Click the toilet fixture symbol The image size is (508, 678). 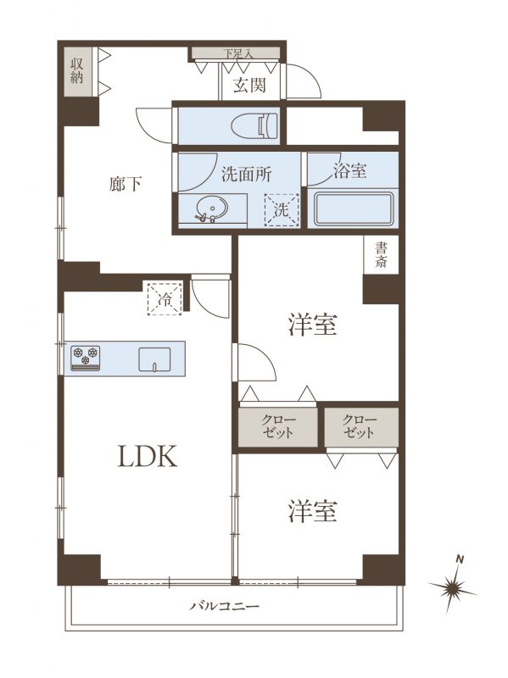coord(254,125)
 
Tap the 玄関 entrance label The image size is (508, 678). coord(249,86)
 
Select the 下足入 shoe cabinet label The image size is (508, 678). coord(237,53)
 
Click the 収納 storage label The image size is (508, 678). coord(77,71)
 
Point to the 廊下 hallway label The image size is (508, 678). coord(126,185)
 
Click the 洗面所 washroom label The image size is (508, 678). coord(247,174)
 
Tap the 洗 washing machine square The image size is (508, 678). coord(282,209)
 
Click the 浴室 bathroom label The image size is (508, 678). coord(349,171)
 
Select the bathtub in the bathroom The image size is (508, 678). coord(353,208)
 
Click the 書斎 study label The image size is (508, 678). coord(381,255)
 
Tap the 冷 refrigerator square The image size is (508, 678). coord(165,298)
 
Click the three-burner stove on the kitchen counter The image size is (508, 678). coord(86,358)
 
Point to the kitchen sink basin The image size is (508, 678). coord(154,359)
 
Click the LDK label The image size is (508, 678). coord(148,456)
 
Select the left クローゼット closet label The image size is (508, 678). coord(278,426)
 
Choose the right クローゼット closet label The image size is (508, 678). coord(360,426)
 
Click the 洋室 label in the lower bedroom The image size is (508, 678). coord(312,511)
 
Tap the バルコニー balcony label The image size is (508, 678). coord(225,606)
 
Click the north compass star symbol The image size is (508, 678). coord(453,587)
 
